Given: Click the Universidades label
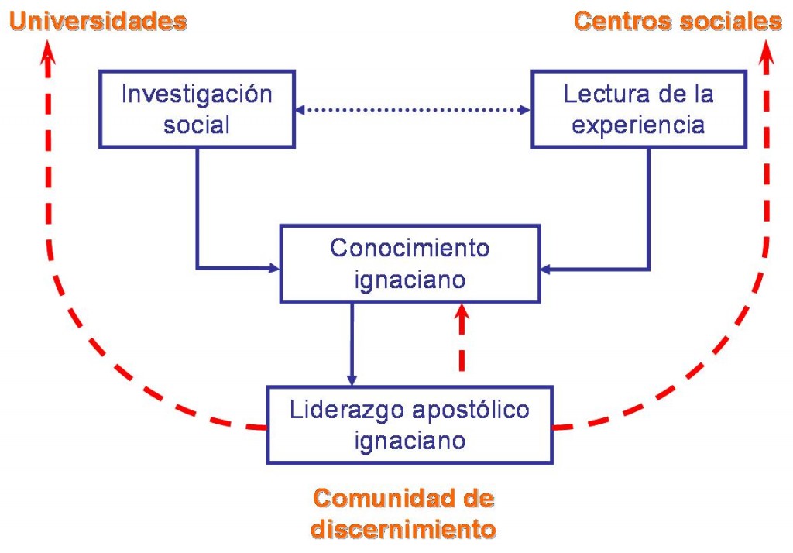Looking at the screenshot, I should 98,21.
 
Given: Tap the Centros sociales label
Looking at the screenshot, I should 678,21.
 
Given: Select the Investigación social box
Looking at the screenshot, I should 197,109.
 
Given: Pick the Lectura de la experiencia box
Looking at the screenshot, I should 639,109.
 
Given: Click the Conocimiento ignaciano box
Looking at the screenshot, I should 410,263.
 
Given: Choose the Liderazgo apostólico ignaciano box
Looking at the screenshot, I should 410,424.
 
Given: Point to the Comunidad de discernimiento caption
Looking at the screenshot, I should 403,513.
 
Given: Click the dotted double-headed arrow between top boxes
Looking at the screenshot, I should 413,110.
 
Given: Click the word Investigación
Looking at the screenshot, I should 197,95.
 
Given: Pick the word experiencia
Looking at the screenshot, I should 639,124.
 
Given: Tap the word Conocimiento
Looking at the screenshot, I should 410,249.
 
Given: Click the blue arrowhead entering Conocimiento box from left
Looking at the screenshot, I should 274,269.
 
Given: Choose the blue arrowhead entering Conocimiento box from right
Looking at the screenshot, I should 545,269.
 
